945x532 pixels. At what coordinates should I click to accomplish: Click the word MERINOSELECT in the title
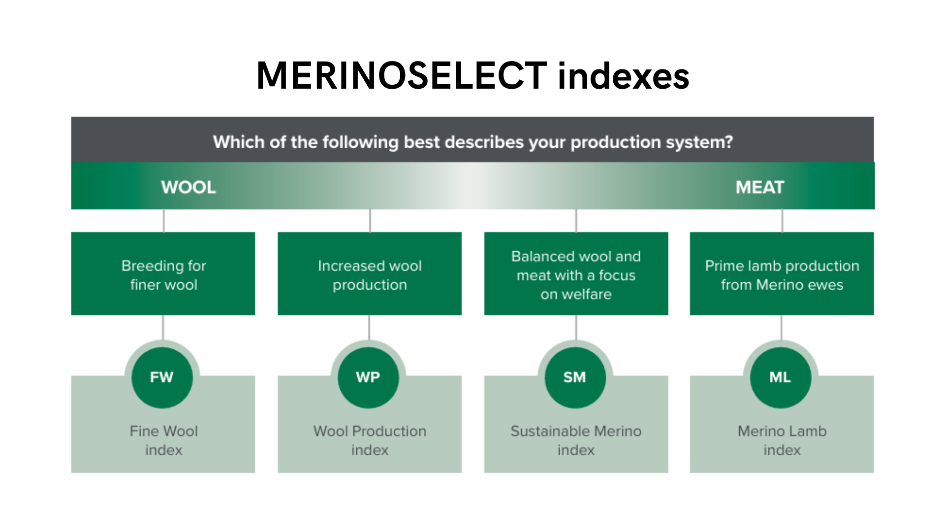[402, 76]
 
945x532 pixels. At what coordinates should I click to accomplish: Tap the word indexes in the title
[624, 76]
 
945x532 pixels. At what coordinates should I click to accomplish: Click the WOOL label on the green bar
[189, 187]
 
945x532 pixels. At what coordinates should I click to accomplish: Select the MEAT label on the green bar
[759, 187]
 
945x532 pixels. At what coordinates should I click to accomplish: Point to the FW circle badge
[162, 377]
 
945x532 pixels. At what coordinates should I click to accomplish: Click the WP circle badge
[368, 377]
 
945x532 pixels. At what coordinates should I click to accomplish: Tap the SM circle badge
[575, 377]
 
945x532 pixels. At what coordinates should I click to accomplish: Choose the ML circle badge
[781, 377]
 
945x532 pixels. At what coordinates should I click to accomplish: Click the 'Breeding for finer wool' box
[163, 273]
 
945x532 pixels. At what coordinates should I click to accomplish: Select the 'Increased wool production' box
[370, 273]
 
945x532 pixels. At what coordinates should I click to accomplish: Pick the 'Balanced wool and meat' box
[576, 273]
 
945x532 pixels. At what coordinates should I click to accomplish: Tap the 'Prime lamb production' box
[782, 273]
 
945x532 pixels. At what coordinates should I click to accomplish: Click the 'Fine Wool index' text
[164, 440]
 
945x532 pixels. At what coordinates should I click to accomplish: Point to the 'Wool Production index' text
[370, 440]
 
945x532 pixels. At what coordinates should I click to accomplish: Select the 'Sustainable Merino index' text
[576, 440]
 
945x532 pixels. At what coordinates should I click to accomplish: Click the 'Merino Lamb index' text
[782, 440]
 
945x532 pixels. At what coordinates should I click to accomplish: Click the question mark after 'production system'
[728, 142]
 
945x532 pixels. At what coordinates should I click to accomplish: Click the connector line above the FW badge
[163, 328]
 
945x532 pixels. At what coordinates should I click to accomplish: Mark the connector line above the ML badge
[782, 328]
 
